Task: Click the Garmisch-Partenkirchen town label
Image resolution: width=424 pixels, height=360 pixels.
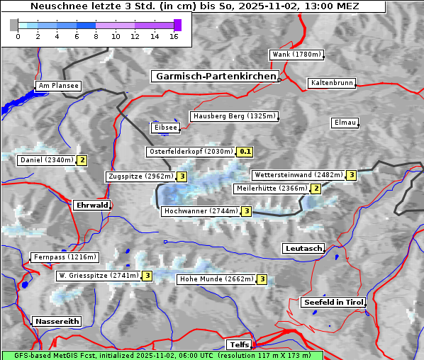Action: (x=214, y=76)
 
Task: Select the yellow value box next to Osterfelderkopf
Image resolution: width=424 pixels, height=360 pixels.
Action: (x=245, y=152)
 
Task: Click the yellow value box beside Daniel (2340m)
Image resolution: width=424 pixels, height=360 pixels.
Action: (x=82, y=160)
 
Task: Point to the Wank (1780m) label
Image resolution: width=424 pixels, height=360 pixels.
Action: (x=296, y=55)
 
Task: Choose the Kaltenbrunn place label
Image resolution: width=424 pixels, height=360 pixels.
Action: (x=331, y=83)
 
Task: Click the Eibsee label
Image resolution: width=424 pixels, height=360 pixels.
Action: (x=164, y=128)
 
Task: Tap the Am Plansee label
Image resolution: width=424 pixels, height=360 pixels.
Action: (x=57, y=86)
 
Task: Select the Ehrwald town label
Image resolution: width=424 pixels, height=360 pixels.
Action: (x=91, y=205)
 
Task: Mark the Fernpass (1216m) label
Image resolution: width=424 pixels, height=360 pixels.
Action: (x=64, y=257)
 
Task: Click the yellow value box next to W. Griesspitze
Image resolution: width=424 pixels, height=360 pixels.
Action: (x=147, y=276)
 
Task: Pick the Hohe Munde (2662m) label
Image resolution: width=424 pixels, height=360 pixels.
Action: (x=216, y=279)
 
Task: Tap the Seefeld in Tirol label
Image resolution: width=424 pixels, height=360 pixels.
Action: (x=333, y=302)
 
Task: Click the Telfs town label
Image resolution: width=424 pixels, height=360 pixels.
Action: (x=238, y=344)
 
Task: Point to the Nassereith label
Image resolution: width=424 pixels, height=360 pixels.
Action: (x=57, y=321)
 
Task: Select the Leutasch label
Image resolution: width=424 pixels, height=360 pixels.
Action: (x=303, y=248)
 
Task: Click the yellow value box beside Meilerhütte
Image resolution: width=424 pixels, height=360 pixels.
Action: (x=316, y=189)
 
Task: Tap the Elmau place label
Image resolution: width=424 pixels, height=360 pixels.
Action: (x=345, y=123)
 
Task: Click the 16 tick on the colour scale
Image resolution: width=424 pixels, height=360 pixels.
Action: (x=174, y=35)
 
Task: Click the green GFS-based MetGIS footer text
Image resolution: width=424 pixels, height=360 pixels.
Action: (x=162, y=355)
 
